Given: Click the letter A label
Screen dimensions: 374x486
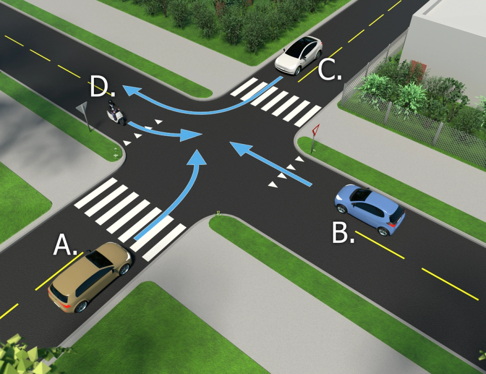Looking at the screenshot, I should point(64,246).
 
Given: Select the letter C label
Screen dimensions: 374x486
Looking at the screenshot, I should point(329,70).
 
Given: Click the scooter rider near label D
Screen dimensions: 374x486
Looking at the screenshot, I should point(115,113).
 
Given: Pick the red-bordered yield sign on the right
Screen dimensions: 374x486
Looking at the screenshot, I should point(316,131).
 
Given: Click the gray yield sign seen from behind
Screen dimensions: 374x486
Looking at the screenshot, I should point(82,111).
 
